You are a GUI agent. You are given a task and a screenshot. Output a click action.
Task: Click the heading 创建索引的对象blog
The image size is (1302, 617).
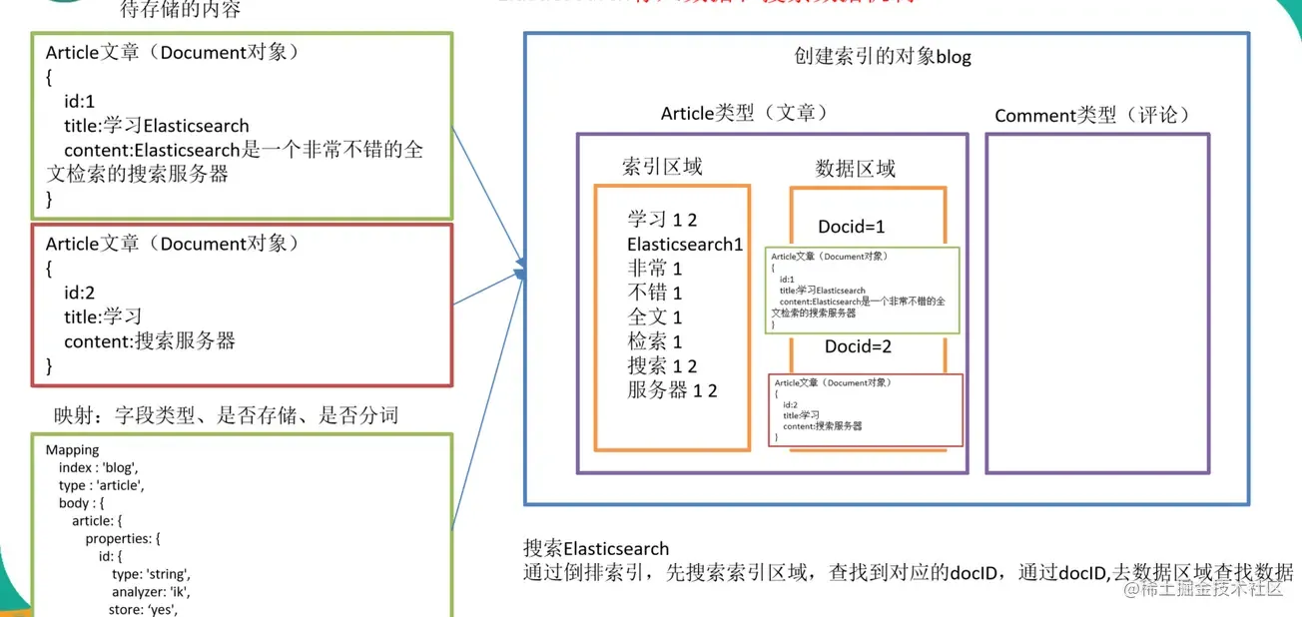click(x=876, y=57)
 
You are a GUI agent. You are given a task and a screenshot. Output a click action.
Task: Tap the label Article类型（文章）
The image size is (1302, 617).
click(x=744, y=114)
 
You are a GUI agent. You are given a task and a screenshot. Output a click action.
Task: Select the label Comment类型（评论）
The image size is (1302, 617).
click(x=1092, y=116)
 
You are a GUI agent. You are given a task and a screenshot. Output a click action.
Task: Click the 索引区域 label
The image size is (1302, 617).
click(x=661, y=167)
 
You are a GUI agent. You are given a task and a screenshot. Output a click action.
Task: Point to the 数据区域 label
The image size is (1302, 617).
click(x=855, y=169)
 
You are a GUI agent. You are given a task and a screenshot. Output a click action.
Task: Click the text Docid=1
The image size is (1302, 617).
click(x=851, y=227)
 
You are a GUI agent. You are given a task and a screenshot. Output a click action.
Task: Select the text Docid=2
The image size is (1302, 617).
click(x=857, y=347)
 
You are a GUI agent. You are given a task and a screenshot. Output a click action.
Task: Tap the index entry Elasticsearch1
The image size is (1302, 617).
click(x=685, y=245)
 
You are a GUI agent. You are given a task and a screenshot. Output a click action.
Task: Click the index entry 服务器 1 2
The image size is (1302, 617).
click(x=672, y=390)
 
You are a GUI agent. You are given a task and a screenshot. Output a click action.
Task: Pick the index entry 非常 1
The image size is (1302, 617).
click(x=655, y=269)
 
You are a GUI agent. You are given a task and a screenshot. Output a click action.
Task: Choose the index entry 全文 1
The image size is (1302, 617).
click(x=655, y=317)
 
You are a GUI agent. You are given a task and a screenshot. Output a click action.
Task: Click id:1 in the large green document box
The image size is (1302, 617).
click(x=79, y=102)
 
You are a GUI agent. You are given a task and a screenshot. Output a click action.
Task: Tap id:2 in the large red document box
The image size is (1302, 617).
click(x=79, y=293)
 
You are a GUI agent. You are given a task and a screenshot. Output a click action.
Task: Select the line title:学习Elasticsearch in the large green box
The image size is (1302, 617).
click(x=156, y=126)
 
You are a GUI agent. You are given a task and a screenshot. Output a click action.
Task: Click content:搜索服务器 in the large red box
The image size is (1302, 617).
click(x=150, y=341)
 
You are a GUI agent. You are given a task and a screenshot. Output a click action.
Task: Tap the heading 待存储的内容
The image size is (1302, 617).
click(x=181, y=10)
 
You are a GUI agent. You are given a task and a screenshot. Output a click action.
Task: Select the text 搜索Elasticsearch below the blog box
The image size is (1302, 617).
click(x=596, y=548)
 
